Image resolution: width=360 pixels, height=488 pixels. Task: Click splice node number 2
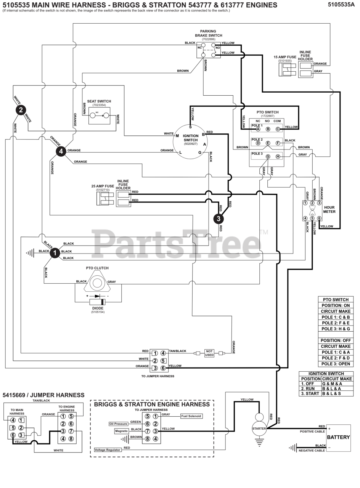(x=21, y=110)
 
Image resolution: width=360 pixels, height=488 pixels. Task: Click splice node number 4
(x=61, y=151)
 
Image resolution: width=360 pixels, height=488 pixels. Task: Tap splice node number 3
(x=219, y=218)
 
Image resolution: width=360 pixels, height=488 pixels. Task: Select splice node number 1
(x=55, y=253)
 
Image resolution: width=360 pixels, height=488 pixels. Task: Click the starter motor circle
(x=259, y=428)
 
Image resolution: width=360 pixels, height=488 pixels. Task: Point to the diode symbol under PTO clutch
(x=97, y=296)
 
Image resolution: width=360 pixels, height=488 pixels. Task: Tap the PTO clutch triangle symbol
(x=97, y=283)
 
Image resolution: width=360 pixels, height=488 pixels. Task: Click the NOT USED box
(x=209, y=353)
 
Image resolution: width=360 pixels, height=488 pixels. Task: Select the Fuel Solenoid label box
(x=191, y=416)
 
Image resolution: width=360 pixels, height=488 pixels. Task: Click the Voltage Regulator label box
(x=108, y=450)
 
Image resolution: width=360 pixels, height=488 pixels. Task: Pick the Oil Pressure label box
(x=118, y=424)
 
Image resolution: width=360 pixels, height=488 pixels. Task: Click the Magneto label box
(x=121, y=431)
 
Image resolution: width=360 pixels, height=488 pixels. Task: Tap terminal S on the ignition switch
(x=190, y=127)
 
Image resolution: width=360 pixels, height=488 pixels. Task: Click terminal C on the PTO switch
(x=278, y=129)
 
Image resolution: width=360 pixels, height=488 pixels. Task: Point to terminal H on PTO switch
(x=278, y=157)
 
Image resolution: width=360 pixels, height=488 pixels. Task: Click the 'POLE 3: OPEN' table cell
(x=336, y=364)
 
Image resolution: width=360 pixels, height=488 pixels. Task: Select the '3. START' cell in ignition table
(x=310, y=393)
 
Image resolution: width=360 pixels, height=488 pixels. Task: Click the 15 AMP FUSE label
(x=285, y=57)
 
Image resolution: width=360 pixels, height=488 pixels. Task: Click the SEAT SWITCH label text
(x=99, y=101)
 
